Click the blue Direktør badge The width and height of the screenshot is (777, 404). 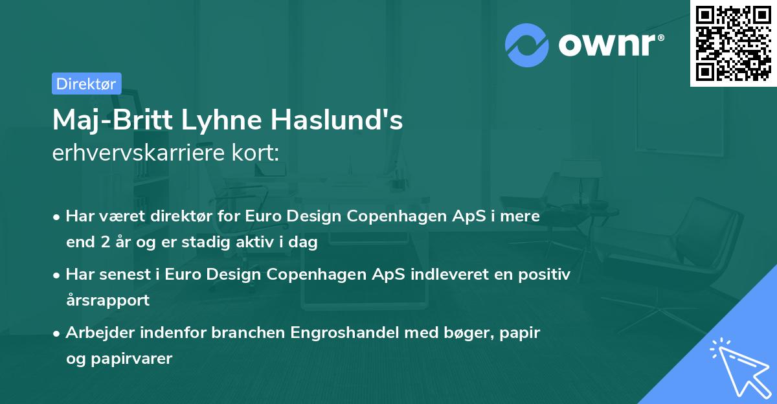(x=86, y=84)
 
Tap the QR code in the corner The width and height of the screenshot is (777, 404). (x=734, y=43)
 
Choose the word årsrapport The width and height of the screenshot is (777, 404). (x=107, y=300)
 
